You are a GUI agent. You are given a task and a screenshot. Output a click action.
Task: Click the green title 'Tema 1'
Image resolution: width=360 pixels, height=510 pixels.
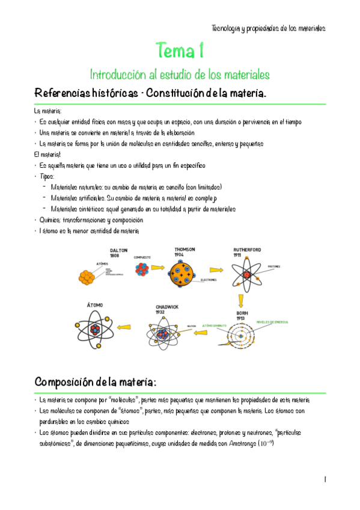tap(179, 50)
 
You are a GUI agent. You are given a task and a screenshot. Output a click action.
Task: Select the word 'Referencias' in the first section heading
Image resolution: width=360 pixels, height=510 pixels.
tap(63, 95)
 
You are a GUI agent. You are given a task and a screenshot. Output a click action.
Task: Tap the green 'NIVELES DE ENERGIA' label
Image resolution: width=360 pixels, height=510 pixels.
tap(273, 322)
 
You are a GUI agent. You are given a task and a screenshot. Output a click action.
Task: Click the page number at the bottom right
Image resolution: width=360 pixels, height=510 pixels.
tap(324, 479)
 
